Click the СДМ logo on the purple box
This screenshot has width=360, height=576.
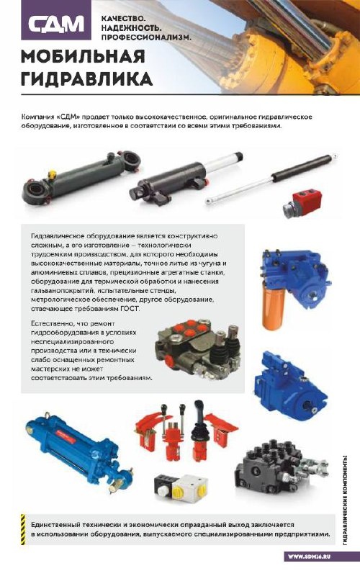pyautogui.click(x=56, y=24)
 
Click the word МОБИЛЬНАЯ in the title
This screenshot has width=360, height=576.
pyautogui.click(x=83, y=56)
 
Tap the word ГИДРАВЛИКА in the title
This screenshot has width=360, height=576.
pyautogui.click(x=86, y=79)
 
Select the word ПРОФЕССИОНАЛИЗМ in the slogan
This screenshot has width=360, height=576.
pyautogui.click(x=146, y=37)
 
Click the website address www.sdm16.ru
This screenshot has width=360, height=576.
pyautogui.click(x=309, y=556)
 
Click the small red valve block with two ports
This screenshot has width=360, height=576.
pyautogui.click(x=300, y=203)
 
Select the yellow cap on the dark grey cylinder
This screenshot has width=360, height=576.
pyautogui.click(x=52, y=174)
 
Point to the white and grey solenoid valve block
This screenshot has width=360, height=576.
pyautogui.click(x=181, y=488)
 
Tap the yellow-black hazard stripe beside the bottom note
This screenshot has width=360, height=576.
pyautogui.click(x=23, y=529)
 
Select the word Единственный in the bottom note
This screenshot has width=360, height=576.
pyautogui.click(x=55, y=525)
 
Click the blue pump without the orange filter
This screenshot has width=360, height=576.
pyautogui.click(x=291, y=387)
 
